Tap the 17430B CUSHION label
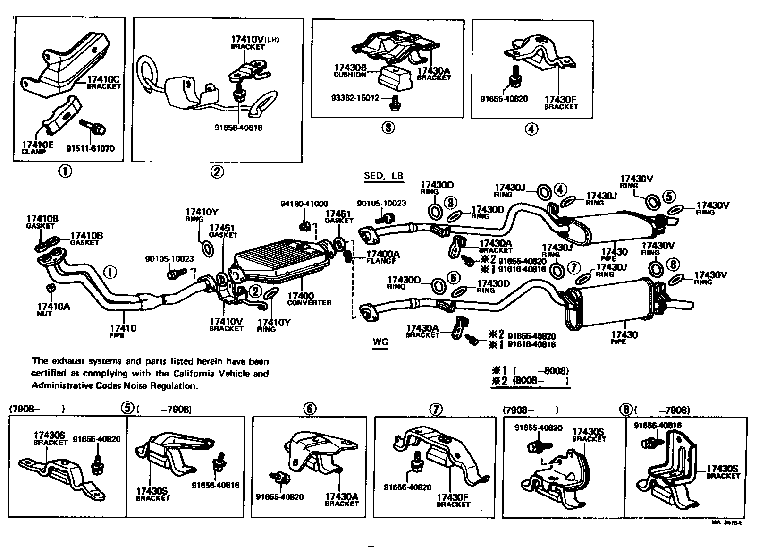pyautogui.click(x=350, y=71)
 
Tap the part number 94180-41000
pyautogui.click(x=304, y=204)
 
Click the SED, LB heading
pyautogui.click(x=384, y=176)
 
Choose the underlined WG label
pyautogui.click(x=380, y=341)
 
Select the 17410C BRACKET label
pyautogui.click(x=103, y=83)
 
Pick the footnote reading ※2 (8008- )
pyautogui.click(x=530, y=381)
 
